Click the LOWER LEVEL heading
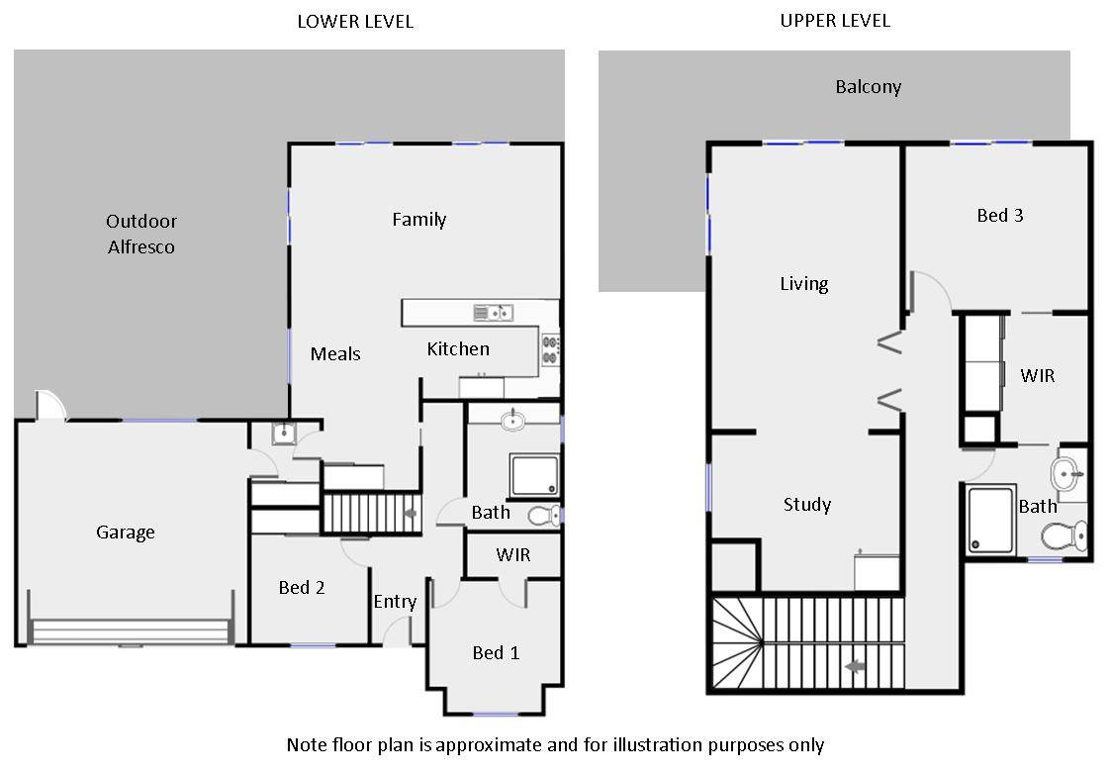(x=355, y=21)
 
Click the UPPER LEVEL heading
(x=835, y=21)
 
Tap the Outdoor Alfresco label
(x=141, y=235)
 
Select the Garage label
(x=126, y=533)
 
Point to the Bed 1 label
(x=496, y=653)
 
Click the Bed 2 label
(x=302, y=588)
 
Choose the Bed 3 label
(x=1000, y=216)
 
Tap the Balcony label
(x=869, y=87)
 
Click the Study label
(x=807, y=505)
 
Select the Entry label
(x=395, y=602)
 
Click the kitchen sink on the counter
(x=493, y=313)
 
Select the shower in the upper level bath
(x=990, y=520)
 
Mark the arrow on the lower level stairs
(x=410, y=514)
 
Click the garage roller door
(x=131, y=631)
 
